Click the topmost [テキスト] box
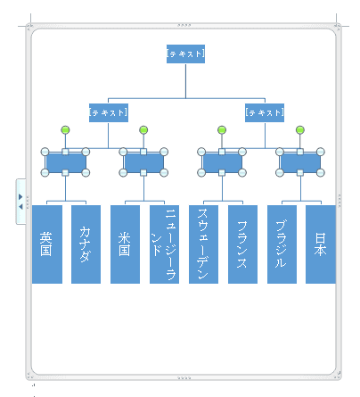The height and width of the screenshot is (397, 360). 185,54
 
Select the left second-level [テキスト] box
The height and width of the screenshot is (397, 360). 109,112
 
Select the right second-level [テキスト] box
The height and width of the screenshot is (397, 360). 265,112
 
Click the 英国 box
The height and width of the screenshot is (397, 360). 47,244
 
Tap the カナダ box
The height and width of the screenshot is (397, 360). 86,244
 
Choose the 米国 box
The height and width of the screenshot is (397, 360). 125,244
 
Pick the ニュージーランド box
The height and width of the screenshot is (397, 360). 164,244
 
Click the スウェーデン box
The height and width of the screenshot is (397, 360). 203,244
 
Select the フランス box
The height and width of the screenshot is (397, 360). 242,244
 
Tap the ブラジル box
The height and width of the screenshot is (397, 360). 282,244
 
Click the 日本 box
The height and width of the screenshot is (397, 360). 321,244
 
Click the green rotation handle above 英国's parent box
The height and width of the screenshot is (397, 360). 65,130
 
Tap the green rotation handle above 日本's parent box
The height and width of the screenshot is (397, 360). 300,130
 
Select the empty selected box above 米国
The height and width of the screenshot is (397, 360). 143,162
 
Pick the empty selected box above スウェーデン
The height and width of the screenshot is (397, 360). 222,162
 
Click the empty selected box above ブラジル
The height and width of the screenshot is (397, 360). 300,162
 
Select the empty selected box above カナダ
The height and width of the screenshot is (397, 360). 65,162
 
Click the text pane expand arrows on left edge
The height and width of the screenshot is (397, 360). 20,202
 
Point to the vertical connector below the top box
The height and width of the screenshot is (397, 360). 186,80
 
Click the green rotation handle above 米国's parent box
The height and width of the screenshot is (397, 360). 143,130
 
